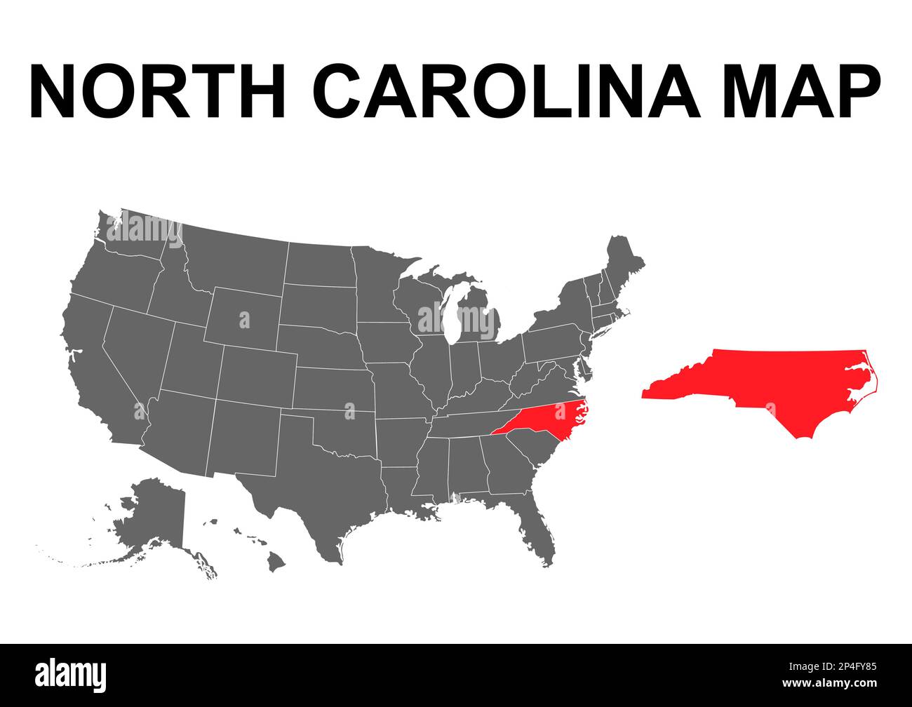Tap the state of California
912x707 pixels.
[x=95, y=365]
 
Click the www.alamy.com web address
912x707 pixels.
[x=835, y=683]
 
